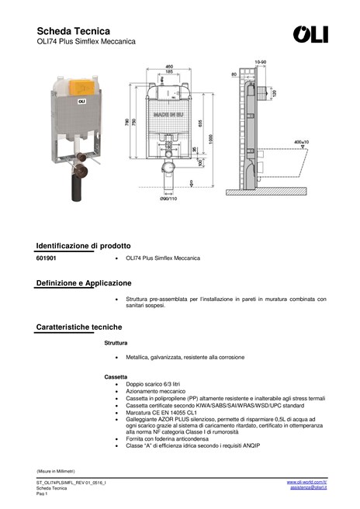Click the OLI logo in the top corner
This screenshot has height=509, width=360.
coord(310,34)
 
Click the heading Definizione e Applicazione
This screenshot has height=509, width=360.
coord(84,283)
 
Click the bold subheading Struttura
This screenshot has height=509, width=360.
coord(116,342)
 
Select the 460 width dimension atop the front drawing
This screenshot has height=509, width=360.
coord(169,66)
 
